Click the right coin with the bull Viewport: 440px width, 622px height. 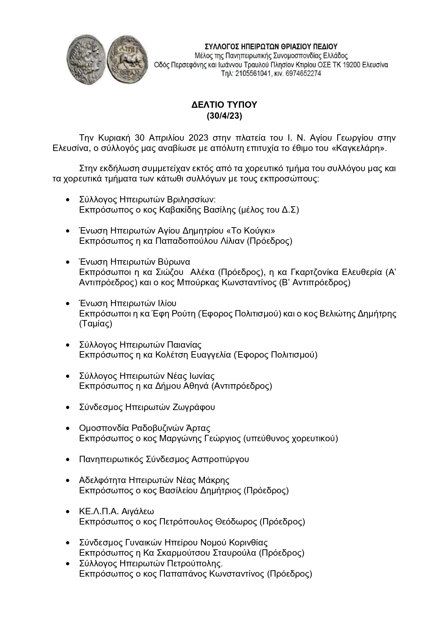coord(129,59)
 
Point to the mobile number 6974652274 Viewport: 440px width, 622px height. coord(304,74)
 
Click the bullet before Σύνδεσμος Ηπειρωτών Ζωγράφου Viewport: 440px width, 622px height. coord(68,407)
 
